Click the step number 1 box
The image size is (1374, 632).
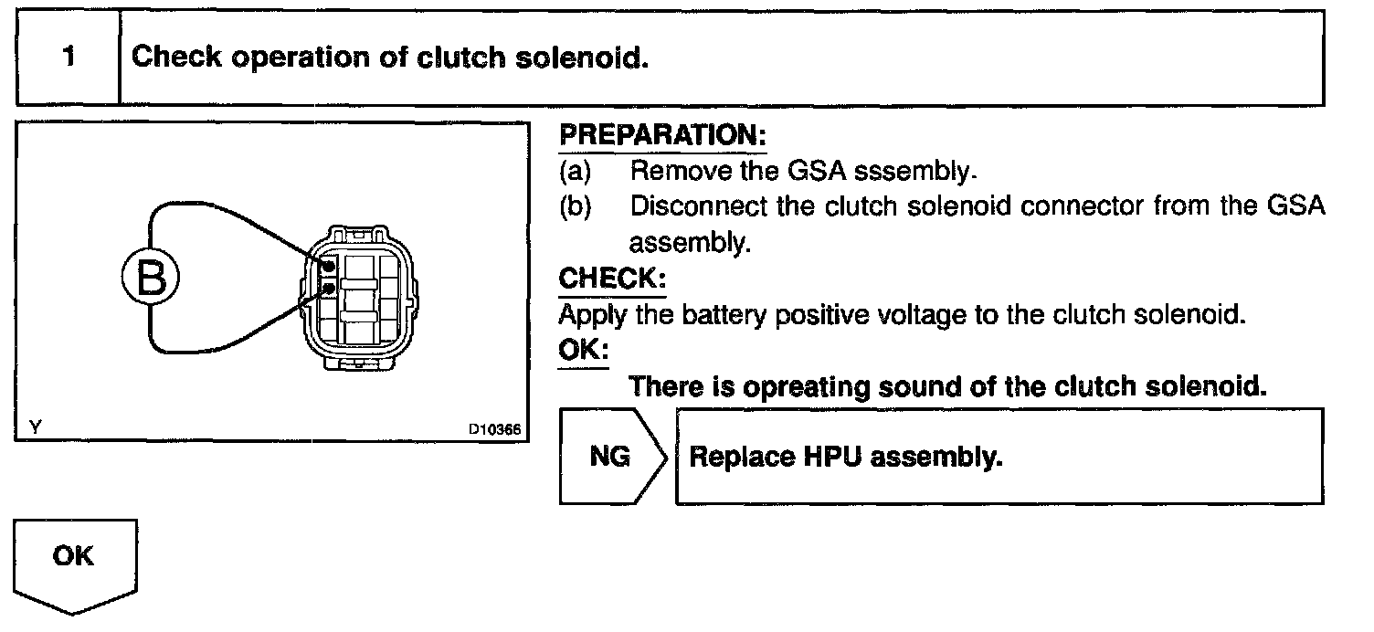coord(69,58)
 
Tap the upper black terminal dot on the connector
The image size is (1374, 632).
coord(327,266)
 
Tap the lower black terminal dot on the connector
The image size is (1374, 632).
coord(327,290)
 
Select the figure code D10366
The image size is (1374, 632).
coord(494,428)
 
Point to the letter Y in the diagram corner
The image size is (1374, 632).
coord(34,427)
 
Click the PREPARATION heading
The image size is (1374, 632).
coord(662,136)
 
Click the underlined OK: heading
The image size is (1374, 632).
coord(583,351)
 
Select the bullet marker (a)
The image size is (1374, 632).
coord(575,171)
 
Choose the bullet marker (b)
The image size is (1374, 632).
coord(575,206)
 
